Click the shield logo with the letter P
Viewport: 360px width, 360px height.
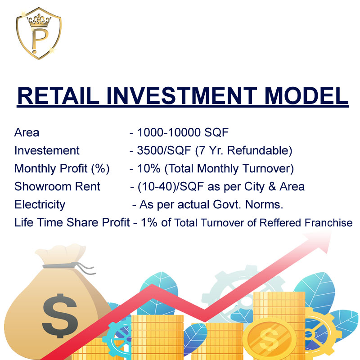click(39, 33)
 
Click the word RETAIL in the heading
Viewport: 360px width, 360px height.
click(58, 96)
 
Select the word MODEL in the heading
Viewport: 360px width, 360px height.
click(306, 96)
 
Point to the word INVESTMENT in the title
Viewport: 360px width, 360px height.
click(182, 96)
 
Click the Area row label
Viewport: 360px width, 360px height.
click(27, 132)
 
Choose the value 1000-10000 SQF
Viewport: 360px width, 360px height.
click(183, 132)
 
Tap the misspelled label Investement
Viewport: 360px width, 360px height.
click(47, 151)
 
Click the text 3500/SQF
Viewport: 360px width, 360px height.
click(164, 151)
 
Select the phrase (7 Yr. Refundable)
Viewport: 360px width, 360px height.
click(243, 151)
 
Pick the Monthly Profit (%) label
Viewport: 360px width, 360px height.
click(62, 169)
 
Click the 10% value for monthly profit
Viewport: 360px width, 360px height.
click(148, 168)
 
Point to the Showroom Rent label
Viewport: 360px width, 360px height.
click(57, 186)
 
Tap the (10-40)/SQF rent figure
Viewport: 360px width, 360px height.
click(171, 187)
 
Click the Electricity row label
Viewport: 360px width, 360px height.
click(40, 205)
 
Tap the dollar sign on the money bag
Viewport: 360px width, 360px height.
click(60, 316)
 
